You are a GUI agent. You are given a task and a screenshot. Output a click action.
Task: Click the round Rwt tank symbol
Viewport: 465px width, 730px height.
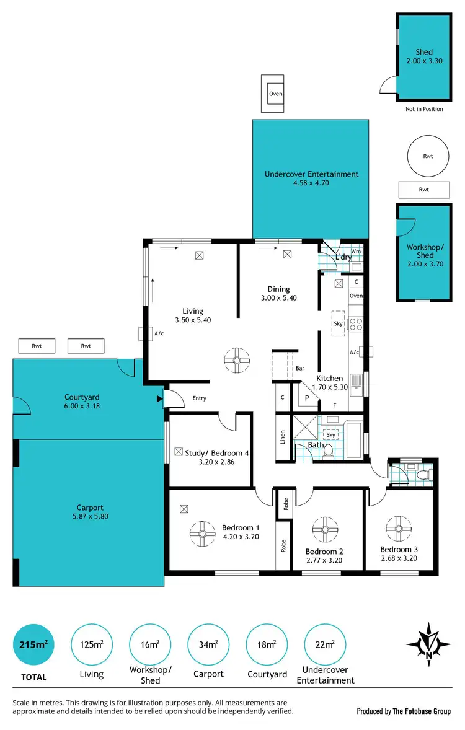(428, 156)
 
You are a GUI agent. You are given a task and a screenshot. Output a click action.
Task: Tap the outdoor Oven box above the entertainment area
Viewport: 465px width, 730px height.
(275, 94)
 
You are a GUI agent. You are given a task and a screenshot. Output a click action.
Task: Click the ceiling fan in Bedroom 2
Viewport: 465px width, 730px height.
(324, 529)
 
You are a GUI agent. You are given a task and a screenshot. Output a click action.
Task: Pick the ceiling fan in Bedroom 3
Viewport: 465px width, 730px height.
(399, 528)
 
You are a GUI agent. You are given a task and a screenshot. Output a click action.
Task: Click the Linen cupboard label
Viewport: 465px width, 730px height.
(283, 438)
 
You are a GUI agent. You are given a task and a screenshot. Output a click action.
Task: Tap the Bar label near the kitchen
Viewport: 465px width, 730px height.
(300, 368)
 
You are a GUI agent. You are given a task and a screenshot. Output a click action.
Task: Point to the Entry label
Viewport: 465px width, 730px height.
(199, 398)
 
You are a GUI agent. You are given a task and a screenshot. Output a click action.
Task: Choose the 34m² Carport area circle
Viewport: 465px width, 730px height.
(208, 644)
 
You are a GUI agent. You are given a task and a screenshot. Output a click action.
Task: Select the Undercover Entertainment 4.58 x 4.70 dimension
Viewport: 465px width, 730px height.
(311, 183)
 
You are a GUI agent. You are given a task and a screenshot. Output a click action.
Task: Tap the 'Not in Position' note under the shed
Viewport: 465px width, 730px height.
(424, 109)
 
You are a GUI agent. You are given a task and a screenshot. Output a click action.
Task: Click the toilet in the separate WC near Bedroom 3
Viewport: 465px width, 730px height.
(423, 474)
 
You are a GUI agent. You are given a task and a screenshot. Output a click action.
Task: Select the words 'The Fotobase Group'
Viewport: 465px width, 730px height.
(422, 711)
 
